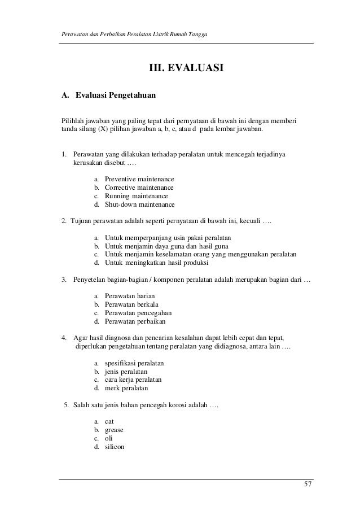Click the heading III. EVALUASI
point(186,69)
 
